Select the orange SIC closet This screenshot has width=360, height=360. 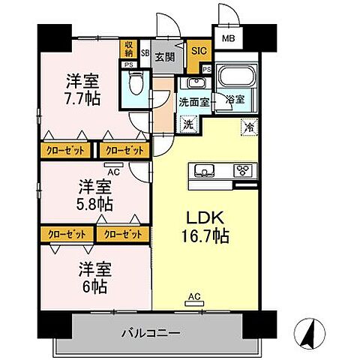(x=198, y=52)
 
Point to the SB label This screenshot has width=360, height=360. (x=145, y=52)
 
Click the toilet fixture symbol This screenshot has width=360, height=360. (x=135, y=82)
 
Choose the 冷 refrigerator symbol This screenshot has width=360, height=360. (x=248, y=128)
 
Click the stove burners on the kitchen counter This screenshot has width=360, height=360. (x=244, y=169)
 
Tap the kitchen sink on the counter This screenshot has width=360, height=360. (x=204, y=168)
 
